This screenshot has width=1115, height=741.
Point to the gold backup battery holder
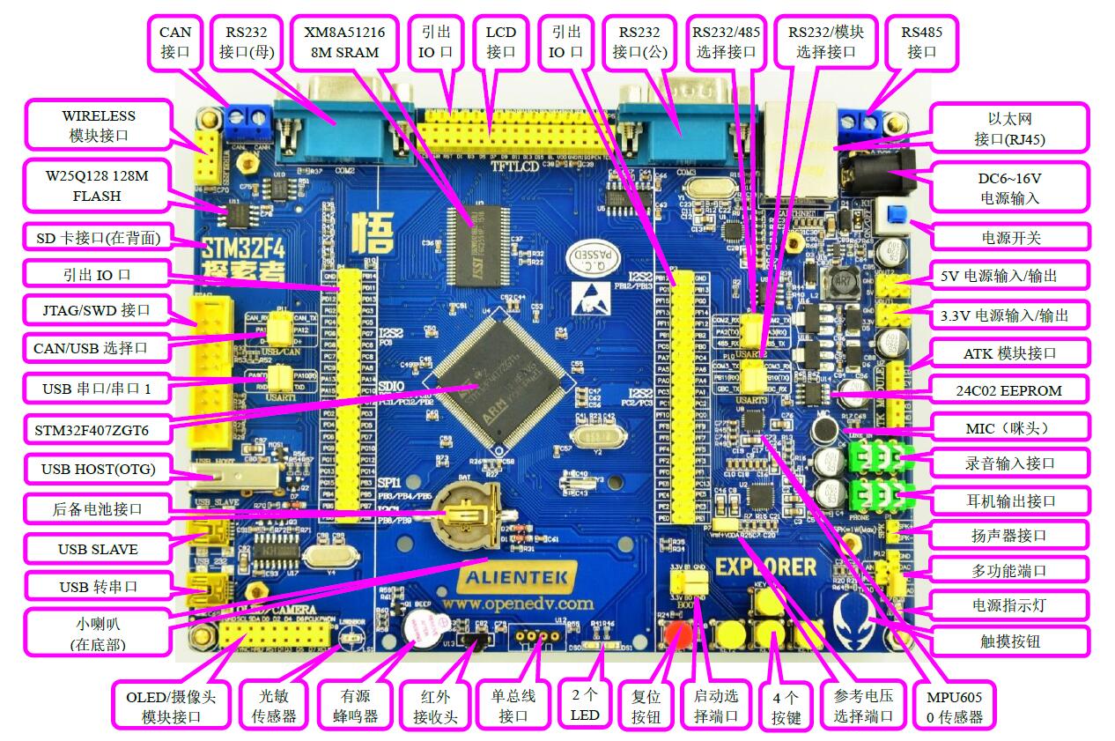pos(465,510)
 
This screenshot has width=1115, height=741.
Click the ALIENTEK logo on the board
pos(518,579)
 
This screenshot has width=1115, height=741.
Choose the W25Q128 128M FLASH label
pos(97,185)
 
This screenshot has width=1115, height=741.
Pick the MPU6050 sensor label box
pos(954,704)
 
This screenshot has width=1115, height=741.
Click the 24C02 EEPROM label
pos(1008,390)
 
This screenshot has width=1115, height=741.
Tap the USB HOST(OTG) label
pos(98,469)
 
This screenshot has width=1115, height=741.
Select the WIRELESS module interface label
pos(99,125)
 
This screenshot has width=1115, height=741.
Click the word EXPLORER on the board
pos(765,566)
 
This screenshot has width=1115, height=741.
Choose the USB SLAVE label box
pos(97,549)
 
